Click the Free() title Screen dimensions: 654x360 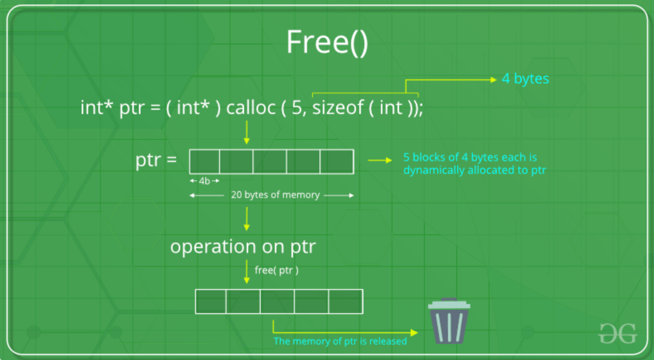point(327,43)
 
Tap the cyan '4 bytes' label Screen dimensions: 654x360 point(525,79)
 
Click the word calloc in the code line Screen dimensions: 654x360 point(251,107)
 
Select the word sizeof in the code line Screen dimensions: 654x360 point(338,107)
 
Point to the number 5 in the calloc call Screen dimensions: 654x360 point(297,107)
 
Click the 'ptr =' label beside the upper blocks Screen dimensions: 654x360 point(156,160)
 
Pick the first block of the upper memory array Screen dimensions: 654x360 point(205,162)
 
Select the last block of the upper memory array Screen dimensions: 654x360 point(337,162)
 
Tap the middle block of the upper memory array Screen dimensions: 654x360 point(270,162)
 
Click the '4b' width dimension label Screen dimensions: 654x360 point(204,181)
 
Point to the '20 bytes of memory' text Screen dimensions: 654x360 point(275,195)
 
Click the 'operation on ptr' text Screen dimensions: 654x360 point(243,247)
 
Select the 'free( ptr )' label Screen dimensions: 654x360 point(276,270)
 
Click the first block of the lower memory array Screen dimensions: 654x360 point(211,302)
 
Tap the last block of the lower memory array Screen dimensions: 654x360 point(346,302)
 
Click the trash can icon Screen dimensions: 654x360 point(449,321)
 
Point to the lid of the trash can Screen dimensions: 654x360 point(449,304)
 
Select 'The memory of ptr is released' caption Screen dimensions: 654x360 point(340,341)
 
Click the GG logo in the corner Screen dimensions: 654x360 point(618,333)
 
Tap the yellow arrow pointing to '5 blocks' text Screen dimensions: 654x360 point(380,160)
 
